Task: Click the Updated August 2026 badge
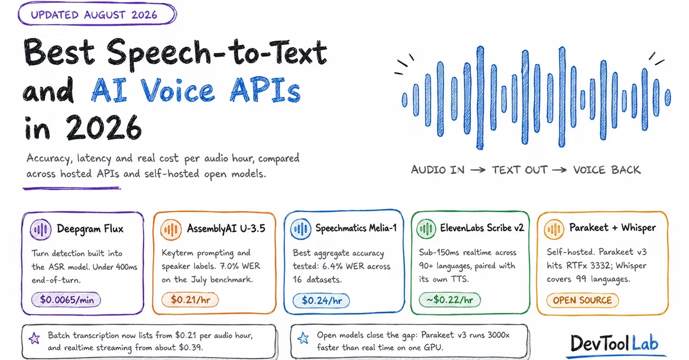pyautogui.click(x=97, y=14)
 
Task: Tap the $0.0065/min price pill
pyautogui.click(x=66, y=300)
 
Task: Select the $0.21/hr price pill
pyautogui.click(x=190, y=300)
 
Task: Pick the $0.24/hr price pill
pyautogui.click(x=321, y=300)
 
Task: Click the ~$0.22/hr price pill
pyautogui.click(x=450, y=300)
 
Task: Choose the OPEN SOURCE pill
pyautogui.click(x=582, y=300)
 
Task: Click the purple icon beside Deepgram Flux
pyautogui.click(x=40, y=229)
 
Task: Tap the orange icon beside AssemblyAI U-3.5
pyautogui.click(x=171, y=229)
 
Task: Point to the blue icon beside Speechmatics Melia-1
pyautogui.click(x=300, y=229)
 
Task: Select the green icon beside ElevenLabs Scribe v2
pyautogui.click(x=426, y=229)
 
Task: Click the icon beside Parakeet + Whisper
pyautogui.click(x=553, y=229)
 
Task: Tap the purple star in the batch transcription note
pyautogui.click(x=34, y=338)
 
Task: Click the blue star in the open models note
pyautogui.click(x=303, y=338)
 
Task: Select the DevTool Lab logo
pyautogui.click(x=614, y=343)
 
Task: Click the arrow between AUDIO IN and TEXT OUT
pyautogui.click(x=478, y=170)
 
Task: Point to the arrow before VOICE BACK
pyautogui.click(x=559, y=170)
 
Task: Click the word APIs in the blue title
pyautogui.click(x=265, y=90)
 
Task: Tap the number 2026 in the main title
pyautogui.click(x=104, y=127)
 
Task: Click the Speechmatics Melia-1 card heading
pyautogui.click(x=356, y=228)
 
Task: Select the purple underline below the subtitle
pyautogui.click(x=72, y=188)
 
